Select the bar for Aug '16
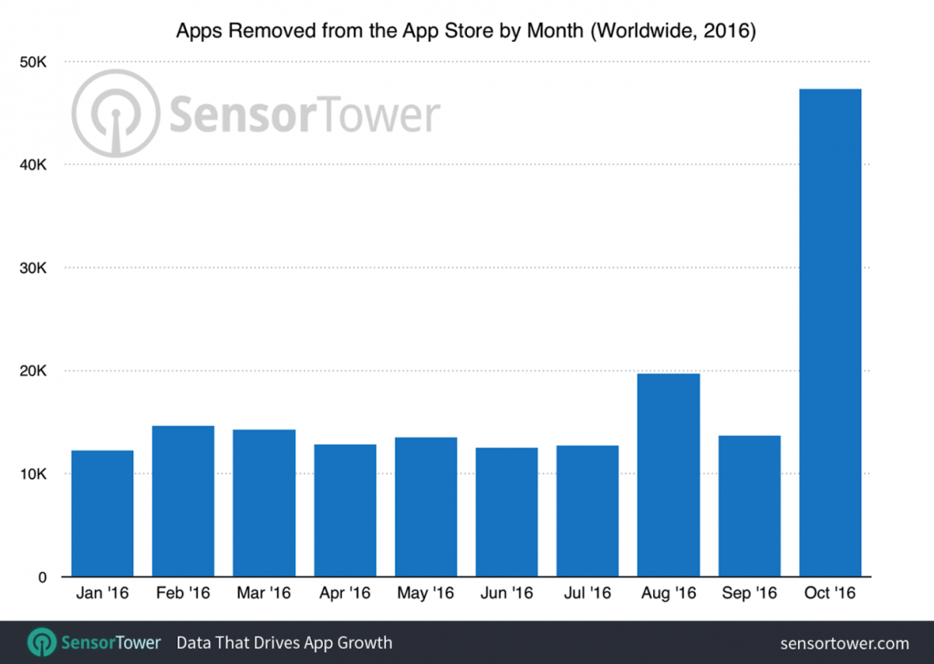(668, 475)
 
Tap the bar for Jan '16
(102, 514)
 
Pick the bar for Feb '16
(183, 501)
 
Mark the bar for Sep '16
(749, 506)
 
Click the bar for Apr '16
(345, 511)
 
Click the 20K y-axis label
(33, 371)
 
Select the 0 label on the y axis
(44, 578)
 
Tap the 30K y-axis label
(33, 268)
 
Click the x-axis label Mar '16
(263, 594)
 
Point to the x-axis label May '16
(425, 594)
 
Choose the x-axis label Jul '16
(588, 594)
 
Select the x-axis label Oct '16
(830, 594)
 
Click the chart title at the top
(466, 32)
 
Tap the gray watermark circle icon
(115, 114)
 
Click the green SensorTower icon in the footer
(40, 642)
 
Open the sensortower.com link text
(844, 643)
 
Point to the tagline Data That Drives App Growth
(284, 643)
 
